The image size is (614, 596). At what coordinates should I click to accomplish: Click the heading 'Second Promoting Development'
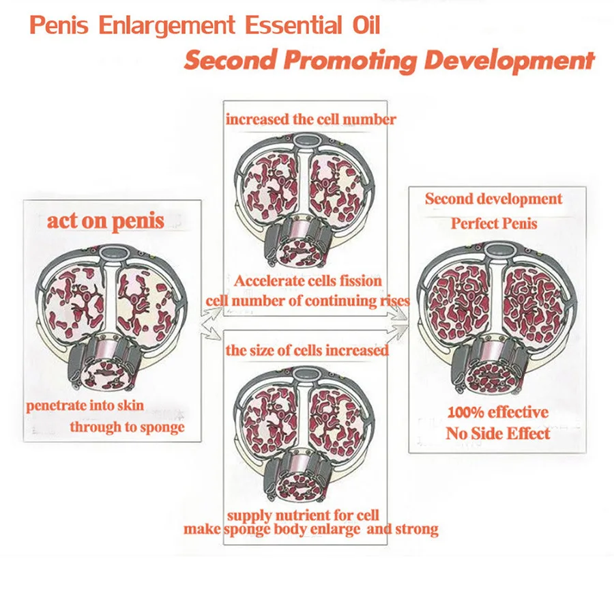tap(389, 59)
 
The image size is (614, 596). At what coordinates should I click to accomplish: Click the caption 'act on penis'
tap(105, 221)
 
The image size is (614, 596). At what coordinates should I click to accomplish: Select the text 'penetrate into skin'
tap(85, 406)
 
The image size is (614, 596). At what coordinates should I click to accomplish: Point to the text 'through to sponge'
tap(127, 427)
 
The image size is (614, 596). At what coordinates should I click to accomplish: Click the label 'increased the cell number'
tap(310, 119)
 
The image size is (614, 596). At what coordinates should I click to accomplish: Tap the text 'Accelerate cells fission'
tap(308, 281)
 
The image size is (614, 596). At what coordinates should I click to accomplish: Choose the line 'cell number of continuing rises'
tap(308, 300)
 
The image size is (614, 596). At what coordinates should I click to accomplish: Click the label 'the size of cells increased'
tap(307, 350)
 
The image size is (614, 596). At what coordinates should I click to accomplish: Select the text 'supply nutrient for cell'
tap(303, 514)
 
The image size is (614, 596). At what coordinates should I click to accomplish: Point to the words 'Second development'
tap(493, 199)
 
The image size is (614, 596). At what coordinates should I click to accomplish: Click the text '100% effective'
tap(497, 412)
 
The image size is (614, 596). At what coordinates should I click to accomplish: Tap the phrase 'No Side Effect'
tap(497, 433)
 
